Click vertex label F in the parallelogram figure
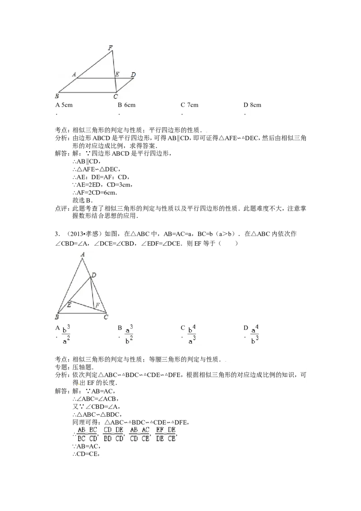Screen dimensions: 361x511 (x=111, y=48)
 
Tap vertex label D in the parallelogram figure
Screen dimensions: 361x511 (x=133, y=74)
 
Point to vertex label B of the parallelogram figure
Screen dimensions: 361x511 (x=57, y=96)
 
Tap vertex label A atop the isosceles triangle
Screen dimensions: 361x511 (x=83, y=254)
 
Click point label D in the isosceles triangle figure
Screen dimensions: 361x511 (x=94, y=275)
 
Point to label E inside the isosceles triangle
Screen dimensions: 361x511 (x=69, y=305)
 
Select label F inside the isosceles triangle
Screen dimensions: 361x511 (x=97, y=306)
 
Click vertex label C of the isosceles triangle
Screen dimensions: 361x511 (x=106, y=317)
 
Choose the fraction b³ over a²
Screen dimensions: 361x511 (x=66, y=334)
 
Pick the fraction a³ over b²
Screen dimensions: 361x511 (x=129, y=334)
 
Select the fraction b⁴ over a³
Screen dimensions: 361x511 (x=192, y=334)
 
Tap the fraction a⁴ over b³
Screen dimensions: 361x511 (x=255, y=334)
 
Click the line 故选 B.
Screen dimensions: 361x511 (x=83, y=200)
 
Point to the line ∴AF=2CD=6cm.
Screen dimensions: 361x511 (x=95, y=193)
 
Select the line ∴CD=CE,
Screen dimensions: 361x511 (x=86, y=454)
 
